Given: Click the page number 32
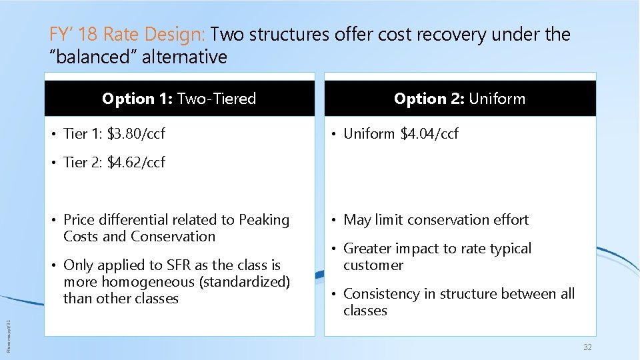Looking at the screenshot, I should [x=587, y=347].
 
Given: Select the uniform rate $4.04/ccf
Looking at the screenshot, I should [x=429, y=134].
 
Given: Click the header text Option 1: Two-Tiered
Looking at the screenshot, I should [x=179, y=99].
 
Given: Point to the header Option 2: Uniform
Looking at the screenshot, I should [x=459, y=99].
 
